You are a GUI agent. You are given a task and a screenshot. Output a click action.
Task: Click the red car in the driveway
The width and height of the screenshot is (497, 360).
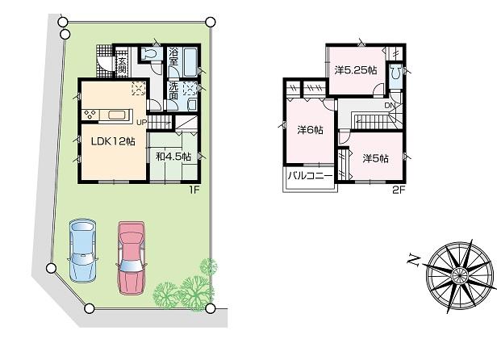[x=132, y=256]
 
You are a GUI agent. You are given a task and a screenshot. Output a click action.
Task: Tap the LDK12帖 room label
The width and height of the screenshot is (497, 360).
[x=112, y=142]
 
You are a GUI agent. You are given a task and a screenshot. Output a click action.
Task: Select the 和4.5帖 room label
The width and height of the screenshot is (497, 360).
[x=172, y=156]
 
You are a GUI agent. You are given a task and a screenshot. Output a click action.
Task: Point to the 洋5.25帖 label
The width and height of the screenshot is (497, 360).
[x=355, y=70]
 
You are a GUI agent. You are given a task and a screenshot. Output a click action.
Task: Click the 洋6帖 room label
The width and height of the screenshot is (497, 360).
[x=310, y=130]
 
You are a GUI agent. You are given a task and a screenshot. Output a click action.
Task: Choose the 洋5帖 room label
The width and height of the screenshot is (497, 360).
[x=375, y=158]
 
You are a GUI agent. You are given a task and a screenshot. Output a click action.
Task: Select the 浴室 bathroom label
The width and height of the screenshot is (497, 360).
[x=173, y=57]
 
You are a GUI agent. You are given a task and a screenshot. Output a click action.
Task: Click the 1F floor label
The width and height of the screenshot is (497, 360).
[x=194, y=190]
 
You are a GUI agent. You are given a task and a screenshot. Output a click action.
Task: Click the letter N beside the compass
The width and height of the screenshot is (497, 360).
[x=412, y=259]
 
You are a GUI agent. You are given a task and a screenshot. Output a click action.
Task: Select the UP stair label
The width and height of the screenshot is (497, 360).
[x=141, y=123]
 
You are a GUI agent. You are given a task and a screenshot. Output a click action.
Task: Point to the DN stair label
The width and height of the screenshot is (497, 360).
[x=389, y=105]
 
